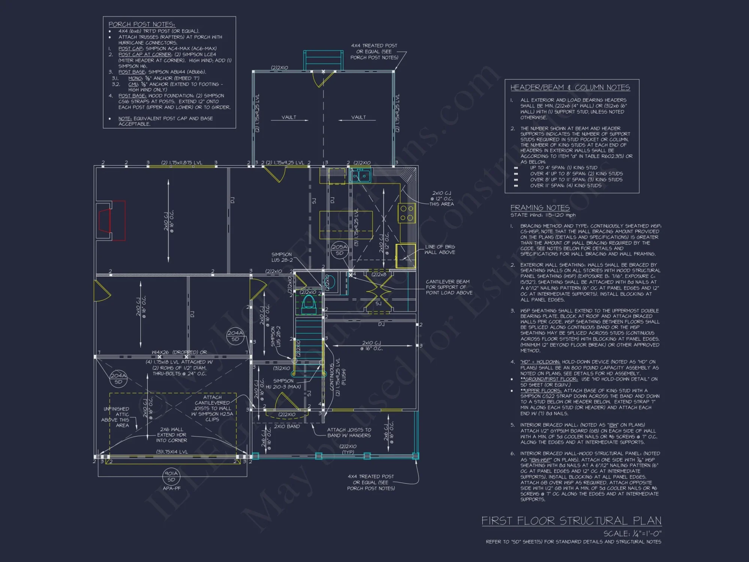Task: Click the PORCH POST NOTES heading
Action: tap(142, 24)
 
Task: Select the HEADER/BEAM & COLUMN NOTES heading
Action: tap(570, 88)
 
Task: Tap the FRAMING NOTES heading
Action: tap(540, 208)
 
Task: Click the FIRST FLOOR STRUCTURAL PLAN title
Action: tap(571, 521)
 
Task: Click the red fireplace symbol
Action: tap(112, 220)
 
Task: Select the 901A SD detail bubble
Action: tap(171, 476)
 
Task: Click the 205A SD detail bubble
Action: tap(339, 250)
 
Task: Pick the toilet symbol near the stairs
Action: tap(309, 304)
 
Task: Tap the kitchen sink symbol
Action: tap(360, 175)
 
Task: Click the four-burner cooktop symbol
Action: tap(406, 213)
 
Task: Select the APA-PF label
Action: tap(172, 488)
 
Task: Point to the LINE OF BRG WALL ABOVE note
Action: tap(440, 250)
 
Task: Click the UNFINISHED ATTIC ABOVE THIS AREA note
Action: tap(116, 417)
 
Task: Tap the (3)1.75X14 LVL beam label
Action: tap(172, 452)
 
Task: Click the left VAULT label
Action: tap(289, 117)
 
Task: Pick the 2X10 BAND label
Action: tap(287, 426)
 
